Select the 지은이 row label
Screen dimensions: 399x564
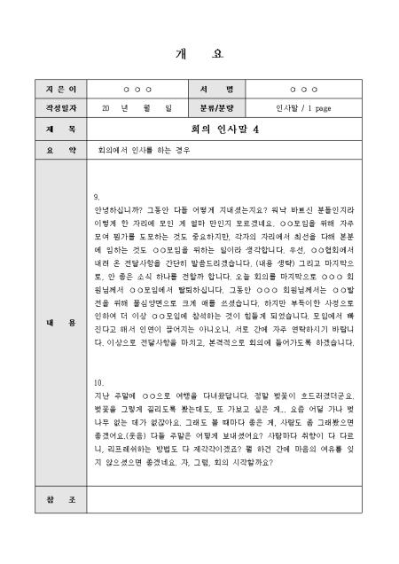click(55, 90)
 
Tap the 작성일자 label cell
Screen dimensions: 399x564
click(55, 109)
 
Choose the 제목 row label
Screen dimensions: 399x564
click(55, 129)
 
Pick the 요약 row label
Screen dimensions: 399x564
click(55, 150)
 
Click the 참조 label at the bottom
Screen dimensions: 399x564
click(55, 501)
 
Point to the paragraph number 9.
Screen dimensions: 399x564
click(96, 196)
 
